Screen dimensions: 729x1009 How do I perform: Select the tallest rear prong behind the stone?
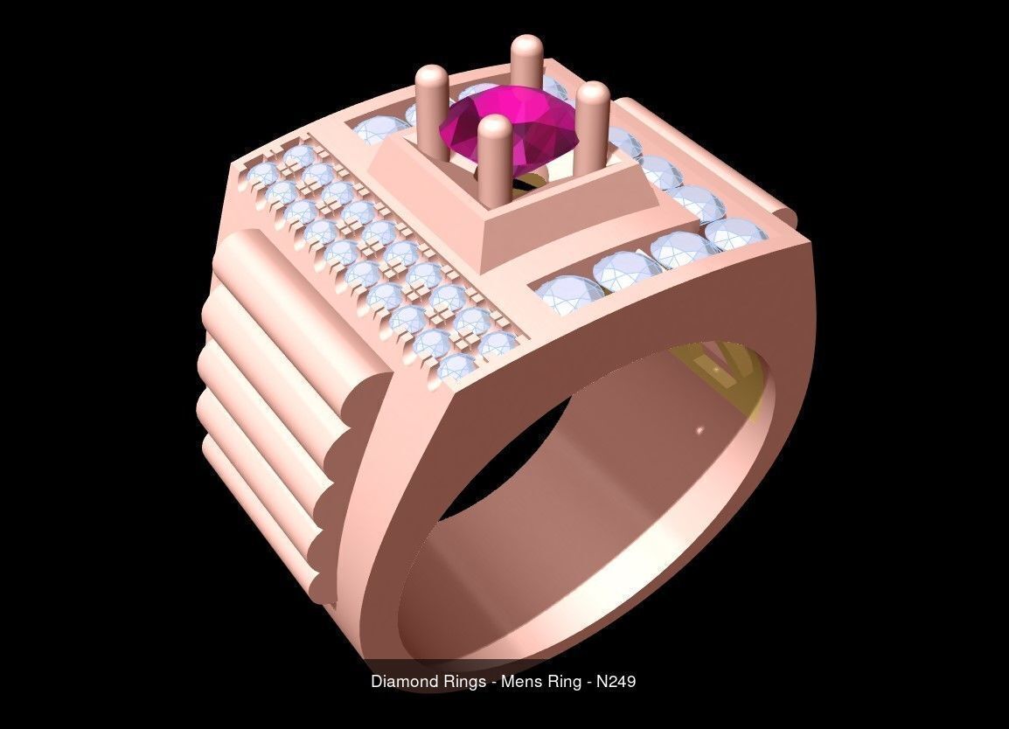526,61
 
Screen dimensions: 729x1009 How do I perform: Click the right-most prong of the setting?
592,122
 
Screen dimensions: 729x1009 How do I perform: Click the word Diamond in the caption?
402,681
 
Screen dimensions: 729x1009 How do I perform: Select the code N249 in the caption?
616,681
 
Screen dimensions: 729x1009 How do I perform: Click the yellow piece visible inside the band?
717,367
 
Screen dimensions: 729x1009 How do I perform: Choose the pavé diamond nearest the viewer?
456,367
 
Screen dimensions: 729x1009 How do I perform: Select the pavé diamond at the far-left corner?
262,174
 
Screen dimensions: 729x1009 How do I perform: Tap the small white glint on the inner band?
699,429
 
